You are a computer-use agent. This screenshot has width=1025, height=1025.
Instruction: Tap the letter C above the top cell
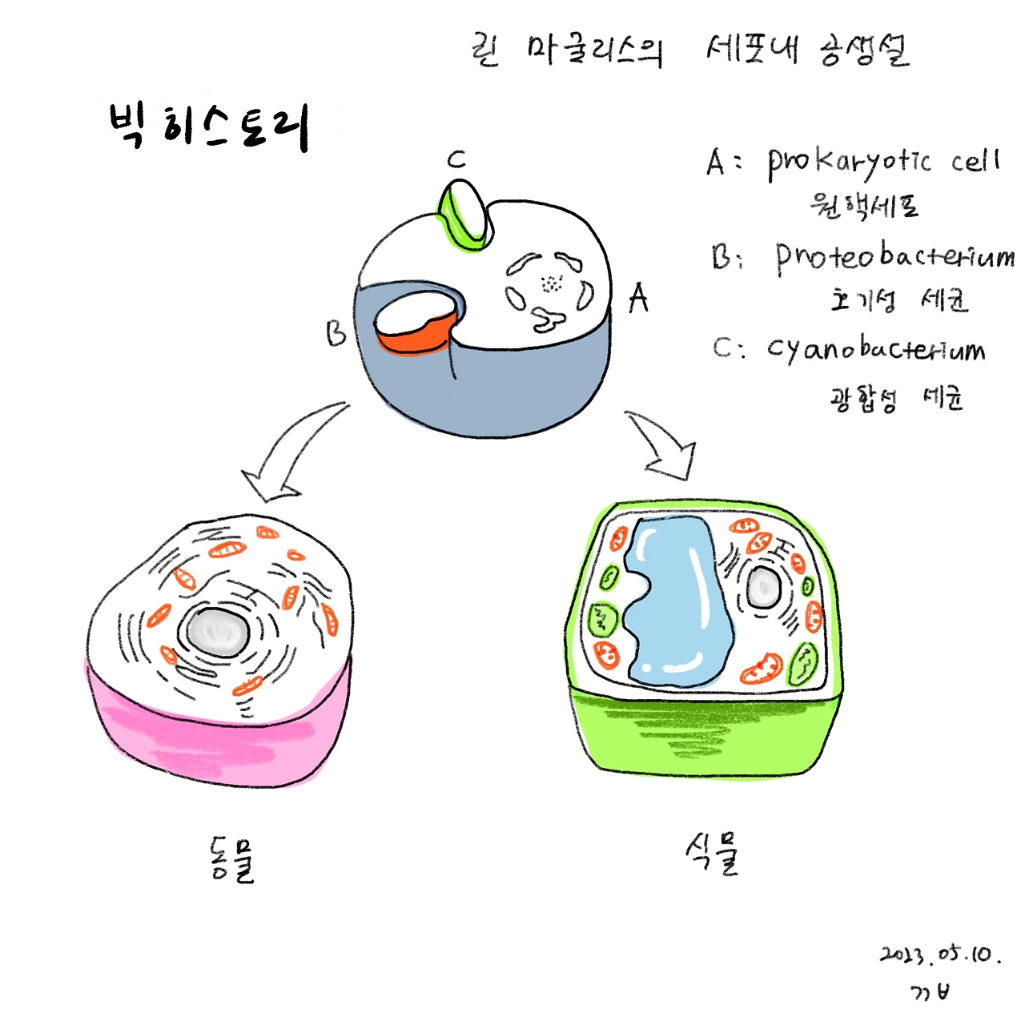click(x=456, y=159)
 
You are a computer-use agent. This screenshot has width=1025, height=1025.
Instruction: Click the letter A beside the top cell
click(x=638, y=298)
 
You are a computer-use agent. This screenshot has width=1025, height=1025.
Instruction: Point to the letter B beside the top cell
click(x=336, y=333)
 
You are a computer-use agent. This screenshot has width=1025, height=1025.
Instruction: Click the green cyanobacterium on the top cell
click(x=464, y=213)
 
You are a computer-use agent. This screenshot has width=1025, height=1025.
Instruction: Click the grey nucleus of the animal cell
click(x=218, y=631)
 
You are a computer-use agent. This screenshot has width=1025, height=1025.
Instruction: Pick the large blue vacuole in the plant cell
click(x=677, y=601)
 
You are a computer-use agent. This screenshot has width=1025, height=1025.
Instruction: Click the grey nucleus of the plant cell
click(x=762, y=589)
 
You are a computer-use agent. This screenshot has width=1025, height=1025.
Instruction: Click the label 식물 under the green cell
click(x=713, y=854)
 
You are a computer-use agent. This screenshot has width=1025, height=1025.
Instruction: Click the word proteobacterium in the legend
click(x=894, y=256)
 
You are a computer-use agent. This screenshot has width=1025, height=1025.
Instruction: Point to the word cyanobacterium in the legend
click(x=876, y=349)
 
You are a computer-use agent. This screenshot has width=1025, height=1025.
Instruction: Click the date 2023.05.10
click(x=940, y=955)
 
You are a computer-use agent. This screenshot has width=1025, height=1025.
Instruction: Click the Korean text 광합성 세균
click(x=895, y=397)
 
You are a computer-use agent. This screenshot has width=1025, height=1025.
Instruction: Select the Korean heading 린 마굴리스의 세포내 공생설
click(x=690, y=51)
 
